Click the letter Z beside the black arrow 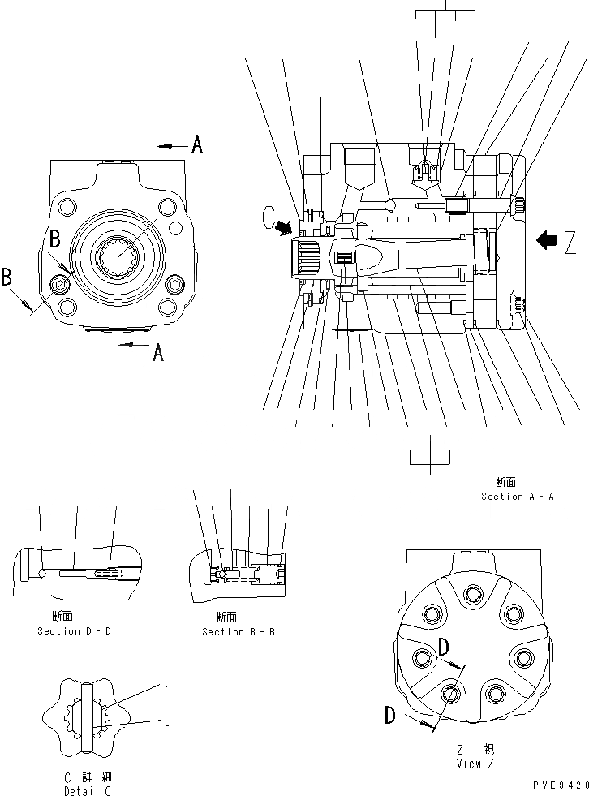pos(571,242)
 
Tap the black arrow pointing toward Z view pos(548,239)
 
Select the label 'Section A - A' pos(517,496)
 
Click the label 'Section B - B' pos(238,631)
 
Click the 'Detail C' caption pos(88,790)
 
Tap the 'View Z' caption pos(475,763)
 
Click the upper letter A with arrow pos(196,145)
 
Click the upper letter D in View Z pos(444,647)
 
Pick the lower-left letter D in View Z pos(390,715)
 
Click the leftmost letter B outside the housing pos(6,278)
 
